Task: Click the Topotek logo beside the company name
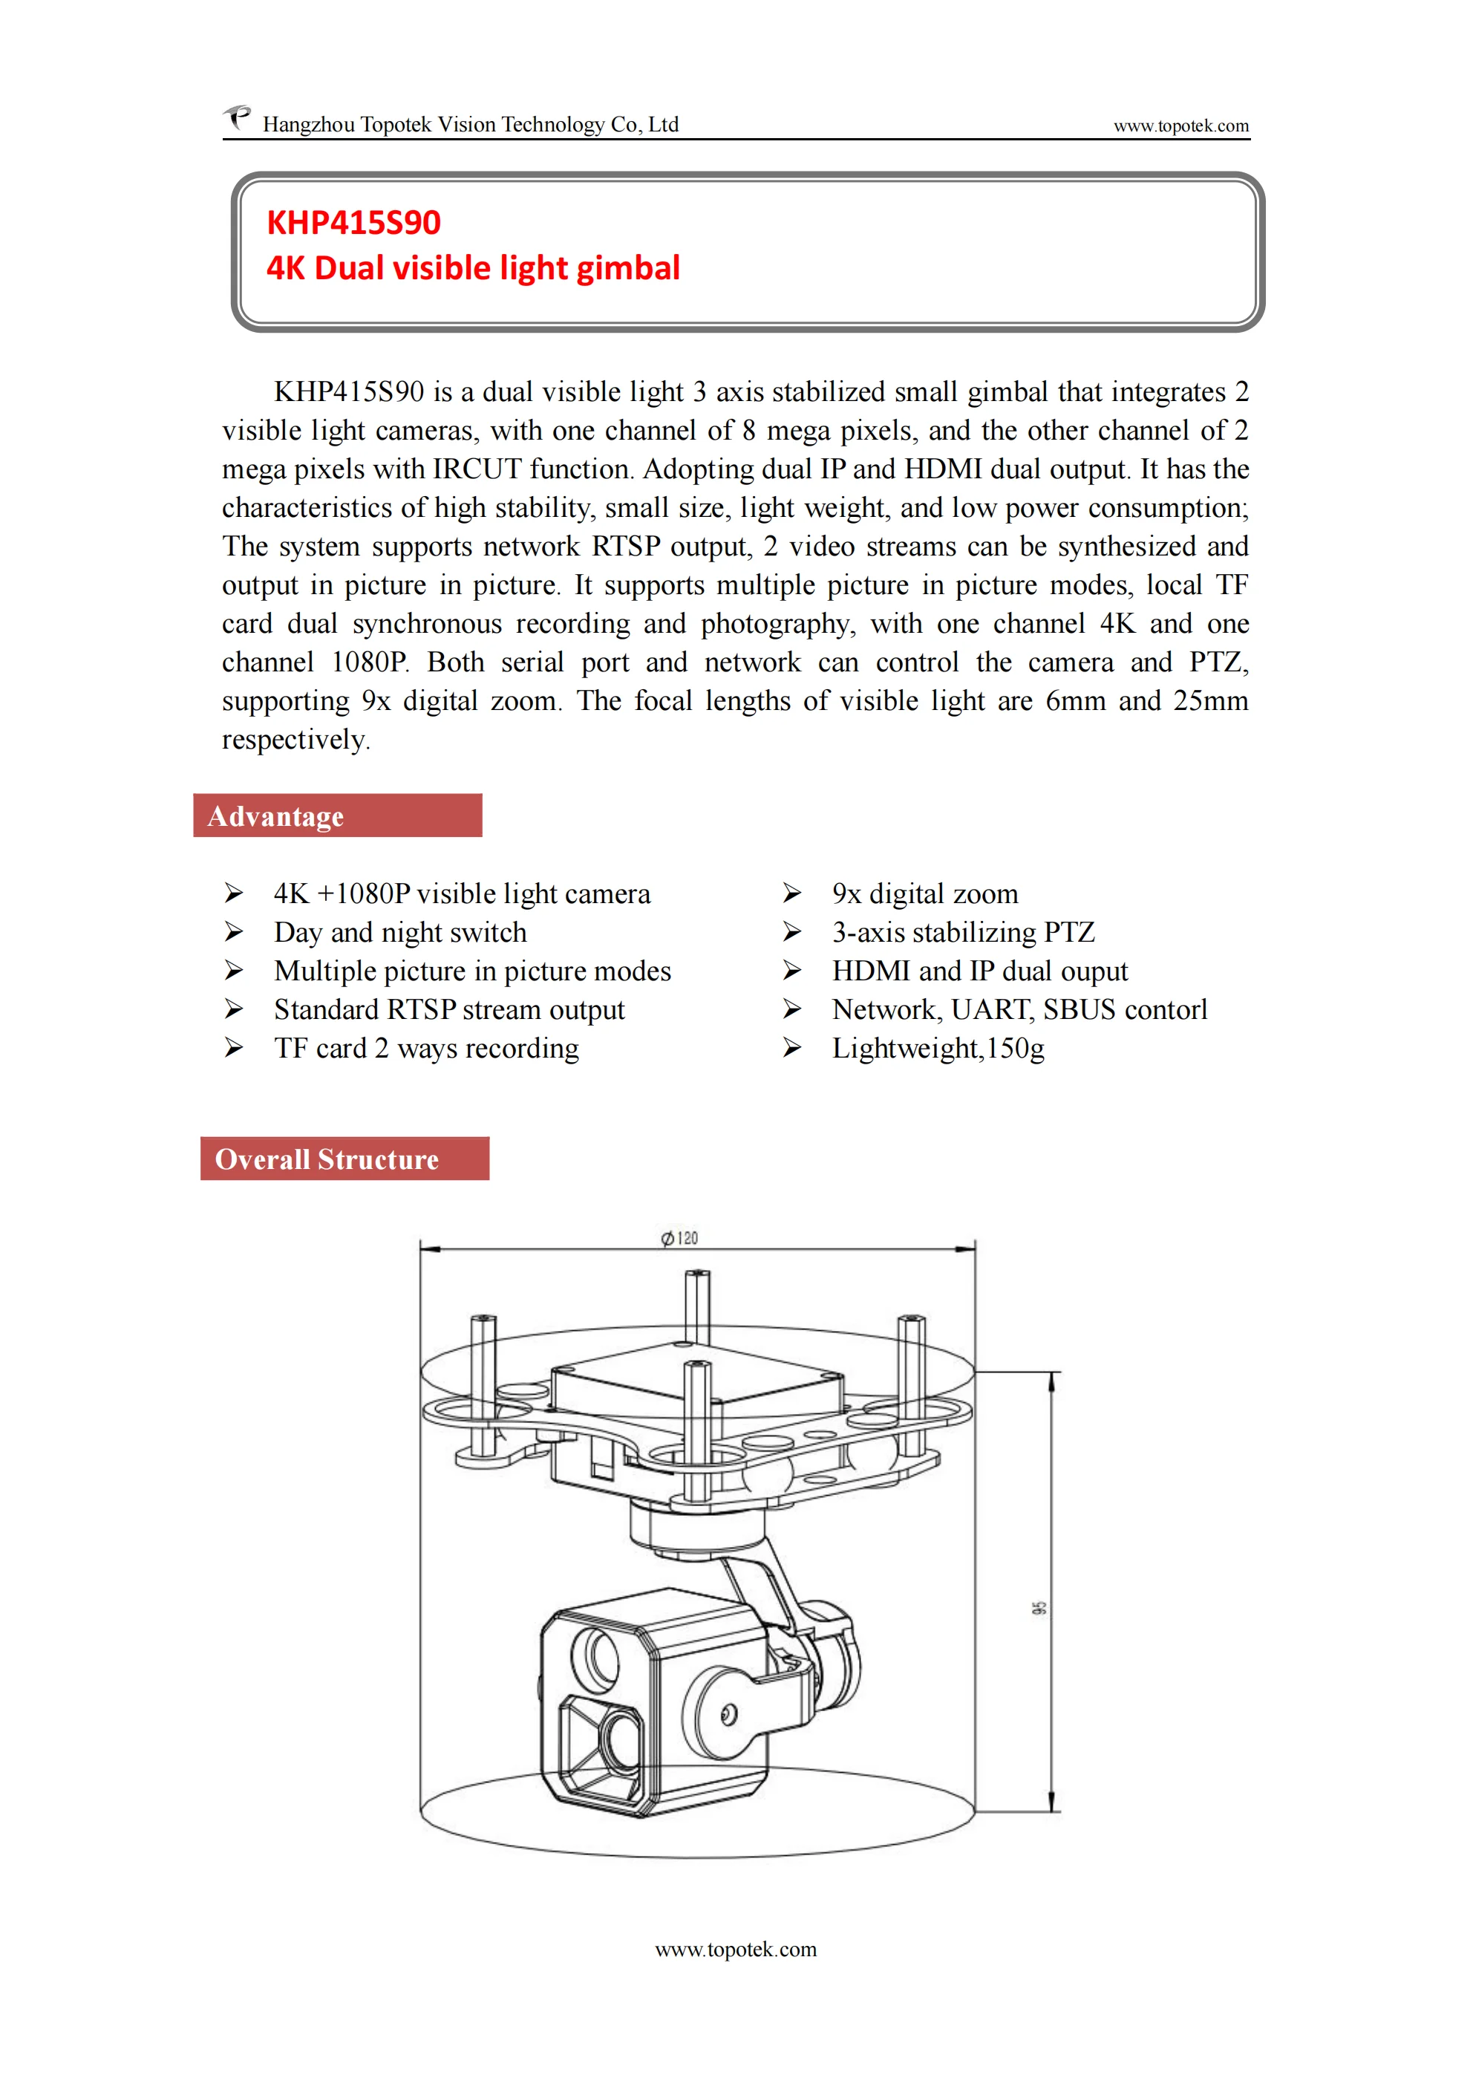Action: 238,118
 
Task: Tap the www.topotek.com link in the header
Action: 1180,126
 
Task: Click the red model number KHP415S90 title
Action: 354,222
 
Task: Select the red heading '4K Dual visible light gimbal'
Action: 473,268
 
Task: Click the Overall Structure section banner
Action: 345,1159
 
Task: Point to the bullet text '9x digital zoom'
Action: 925,894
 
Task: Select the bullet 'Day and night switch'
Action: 400,932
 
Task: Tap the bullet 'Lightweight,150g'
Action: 938,1049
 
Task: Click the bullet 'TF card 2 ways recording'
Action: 427,1049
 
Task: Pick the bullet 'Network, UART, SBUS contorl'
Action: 1019,1009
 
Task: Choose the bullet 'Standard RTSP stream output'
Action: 449,1009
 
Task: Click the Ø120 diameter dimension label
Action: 680,1238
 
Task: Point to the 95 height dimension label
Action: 1039,1607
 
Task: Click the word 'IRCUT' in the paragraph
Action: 477,469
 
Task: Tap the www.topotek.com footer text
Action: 736,1950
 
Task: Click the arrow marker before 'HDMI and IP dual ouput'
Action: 792,971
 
